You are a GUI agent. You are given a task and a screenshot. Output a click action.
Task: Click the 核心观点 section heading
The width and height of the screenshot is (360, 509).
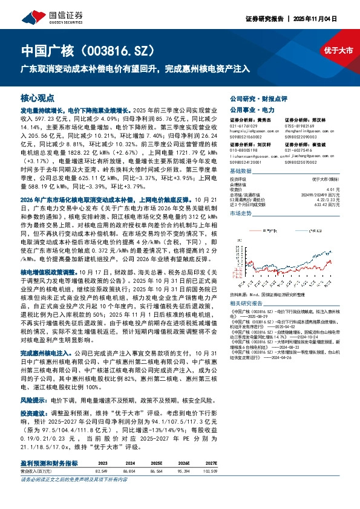coord(38,97)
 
